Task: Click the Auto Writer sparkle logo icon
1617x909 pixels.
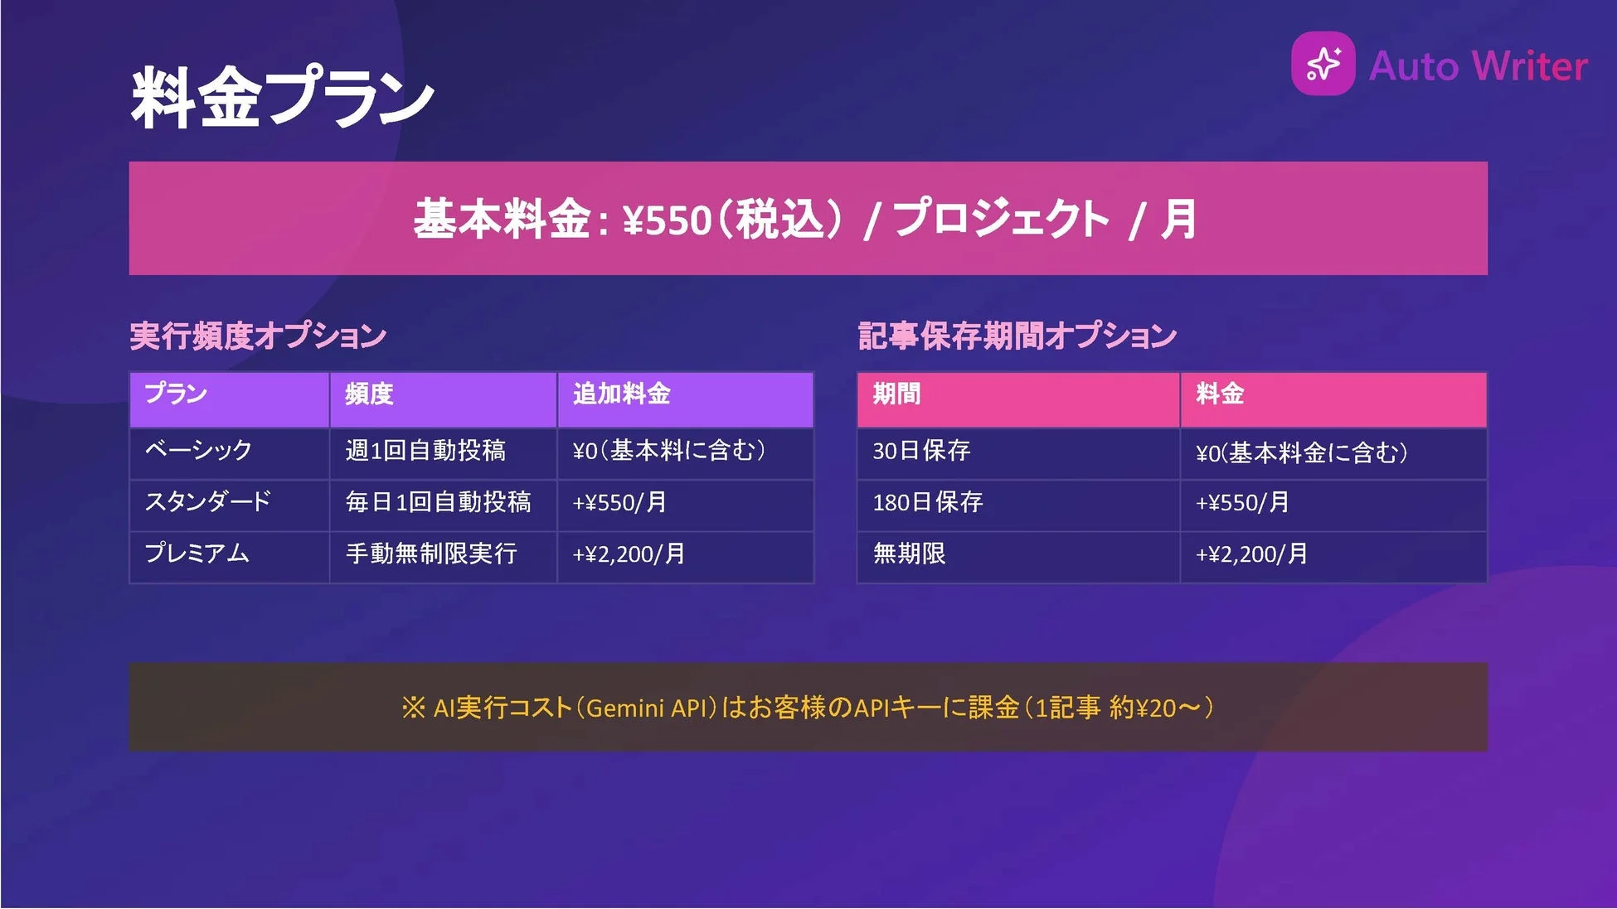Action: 1323,64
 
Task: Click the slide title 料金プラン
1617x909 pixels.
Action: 282,98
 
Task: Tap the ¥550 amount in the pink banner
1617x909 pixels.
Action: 668,220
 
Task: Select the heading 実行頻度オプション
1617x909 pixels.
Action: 258,336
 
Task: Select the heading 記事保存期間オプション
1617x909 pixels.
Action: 1017,336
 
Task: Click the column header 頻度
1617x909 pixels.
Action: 369,394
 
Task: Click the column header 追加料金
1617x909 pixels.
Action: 621,394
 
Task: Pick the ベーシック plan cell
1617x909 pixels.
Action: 198,451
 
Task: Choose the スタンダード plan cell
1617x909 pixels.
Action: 207,502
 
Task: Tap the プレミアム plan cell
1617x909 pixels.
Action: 197,554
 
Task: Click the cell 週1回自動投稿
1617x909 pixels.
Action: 425,451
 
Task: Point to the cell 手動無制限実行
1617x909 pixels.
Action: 431,554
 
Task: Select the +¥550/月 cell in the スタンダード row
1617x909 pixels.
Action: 619,503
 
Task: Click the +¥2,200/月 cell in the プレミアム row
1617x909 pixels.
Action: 629,554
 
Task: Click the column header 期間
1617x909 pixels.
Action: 896,394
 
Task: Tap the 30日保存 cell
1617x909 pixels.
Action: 920,451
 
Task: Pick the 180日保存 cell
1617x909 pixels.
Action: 927,502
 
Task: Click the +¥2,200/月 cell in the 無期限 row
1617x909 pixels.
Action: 1251,554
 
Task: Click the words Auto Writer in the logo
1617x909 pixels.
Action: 1478,66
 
